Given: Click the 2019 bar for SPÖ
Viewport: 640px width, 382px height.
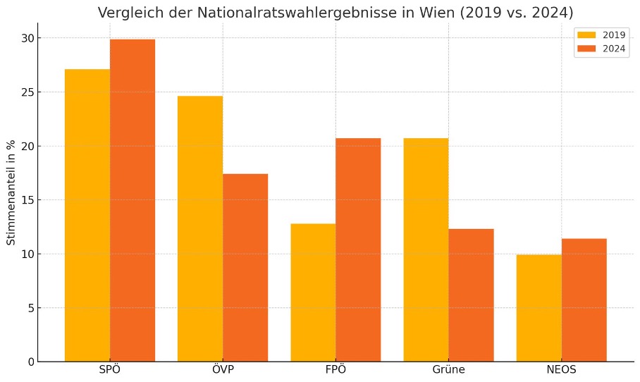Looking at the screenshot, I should pos(87,215).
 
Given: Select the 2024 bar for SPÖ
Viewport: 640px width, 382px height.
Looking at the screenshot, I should pos(133,200).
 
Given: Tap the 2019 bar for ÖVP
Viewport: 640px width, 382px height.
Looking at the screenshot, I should pos(200,228).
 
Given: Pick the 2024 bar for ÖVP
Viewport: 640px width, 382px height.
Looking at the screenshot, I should pos(245,267).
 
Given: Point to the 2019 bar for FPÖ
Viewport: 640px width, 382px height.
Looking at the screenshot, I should pos(313,292).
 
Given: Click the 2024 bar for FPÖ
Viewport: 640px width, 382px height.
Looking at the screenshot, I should pos(358,249).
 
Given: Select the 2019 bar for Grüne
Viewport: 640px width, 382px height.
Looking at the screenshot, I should pos(426,249).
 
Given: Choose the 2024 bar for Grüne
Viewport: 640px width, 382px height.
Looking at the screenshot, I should pos(471,295).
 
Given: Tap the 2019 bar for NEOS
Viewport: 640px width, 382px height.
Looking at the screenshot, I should pos(539,308).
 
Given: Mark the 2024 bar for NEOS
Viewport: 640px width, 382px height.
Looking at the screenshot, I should pos(584,300).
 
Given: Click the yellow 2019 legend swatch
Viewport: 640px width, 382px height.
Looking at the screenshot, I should pos(586,35).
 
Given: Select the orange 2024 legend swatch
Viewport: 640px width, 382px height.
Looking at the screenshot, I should pos(586,48).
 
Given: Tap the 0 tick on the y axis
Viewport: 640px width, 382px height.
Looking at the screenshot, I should pos(30,362).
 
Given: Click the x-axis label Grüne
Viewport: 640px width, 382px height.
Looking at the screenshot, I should pos(448,370).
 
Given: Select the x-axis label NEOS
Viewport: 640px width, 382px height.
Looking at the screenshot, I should pos(561,370).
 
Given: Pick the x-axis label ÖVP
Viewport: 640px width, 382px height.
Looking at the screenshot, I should pos(223,370).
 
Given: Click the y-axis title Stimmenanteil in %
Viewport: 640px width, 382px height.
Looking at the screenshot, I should pos(11,192).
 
